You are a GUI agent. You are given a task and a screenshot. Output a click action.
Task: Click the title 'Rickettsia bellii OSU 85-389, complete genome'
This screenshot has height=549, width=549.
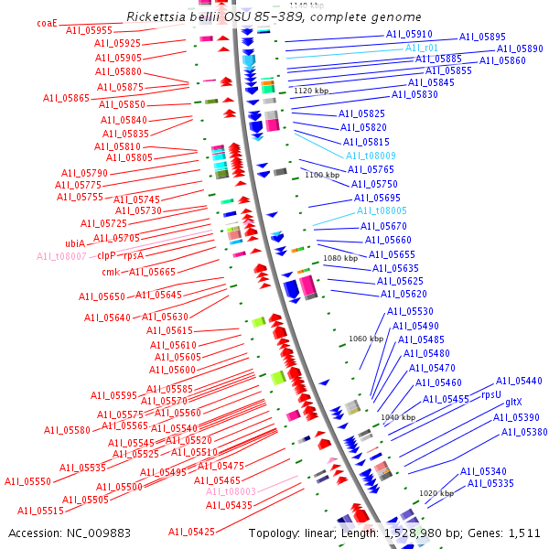click(274, 17)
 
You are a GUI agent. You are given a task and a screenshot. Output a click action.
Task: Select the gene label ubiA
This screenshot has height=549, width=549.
click(75, 243)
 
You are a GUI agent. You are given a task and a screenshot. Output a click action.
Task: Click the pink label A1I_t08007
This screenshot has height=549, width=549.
click(61, 257)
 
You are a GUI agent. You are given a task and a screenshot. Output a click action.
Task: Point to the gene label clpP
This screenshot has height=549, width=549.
click(106, 257)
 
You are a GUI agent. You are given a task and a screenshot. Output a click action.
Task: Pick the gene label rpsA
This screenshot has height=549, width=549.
click(134, 257)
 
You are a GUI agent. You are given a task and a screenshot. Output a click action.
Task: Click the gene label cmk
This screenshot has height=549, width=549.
click(110, 272)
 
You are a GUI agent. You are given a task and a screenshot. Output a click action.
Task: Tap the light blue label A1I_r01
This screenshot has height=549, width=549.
click(422, 48)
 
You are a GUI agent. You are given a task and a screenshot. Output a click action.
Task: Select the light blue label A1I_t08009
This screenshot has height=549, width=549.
click(371, 156)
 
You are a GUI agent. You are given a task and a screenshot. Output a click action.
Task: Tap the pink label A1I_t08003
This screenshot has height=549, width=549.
click(231, 491)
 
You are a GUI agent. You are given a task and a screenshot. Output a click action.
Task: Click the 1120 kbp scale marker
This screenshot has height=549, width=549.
click(310, 91)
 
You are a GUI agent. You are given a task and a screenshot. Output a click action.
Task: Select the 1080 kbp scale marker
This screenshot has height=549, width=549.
click(339, 259)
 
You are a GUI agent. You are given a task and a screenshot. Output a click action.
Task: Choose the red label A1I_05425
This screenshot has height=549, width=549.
click(191, 532)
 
